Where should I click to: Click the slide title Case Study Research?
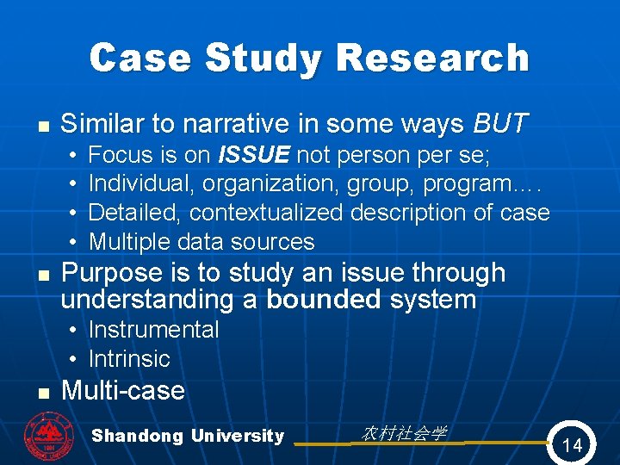pyautogui.click(x=309, y=58)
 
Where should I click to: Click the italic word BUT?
pyautogui.click(x=501, y=124)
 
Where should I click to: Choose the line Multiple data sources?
pyautogui.click(x=201, y=241)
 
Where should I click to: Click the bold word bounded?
pyautogui.click(x=324, y=300)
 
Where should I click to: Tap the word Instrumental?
pyautogui.click(x=153, y=329)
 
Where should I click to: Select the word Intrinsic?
pyautogui.click(x=129, y=358)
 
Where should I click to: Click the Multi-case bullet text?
pyautogui.click(x=123, y=390)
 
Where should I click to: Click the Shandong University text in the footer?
pyautogui.click(x=188, y=436)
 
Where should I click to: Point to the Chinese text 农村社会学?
pyautogui.click(x=403, y=433)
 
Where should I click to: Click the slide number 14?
pyautogui.click(x=571, y=444)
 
